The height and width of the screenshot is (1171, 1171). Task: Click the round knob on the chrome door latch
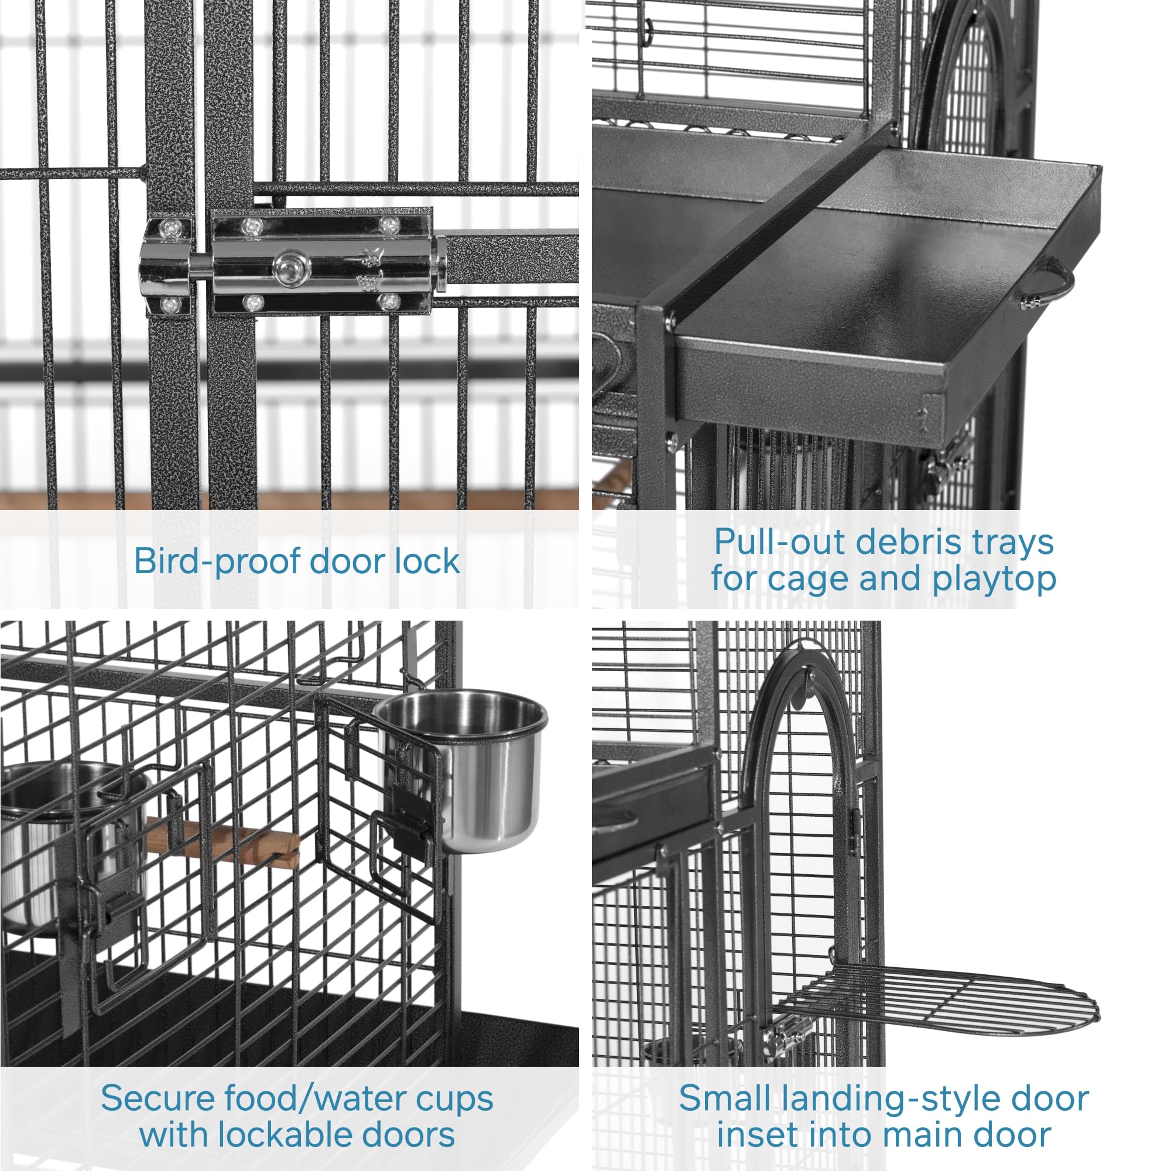click(x=292, y=266)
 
